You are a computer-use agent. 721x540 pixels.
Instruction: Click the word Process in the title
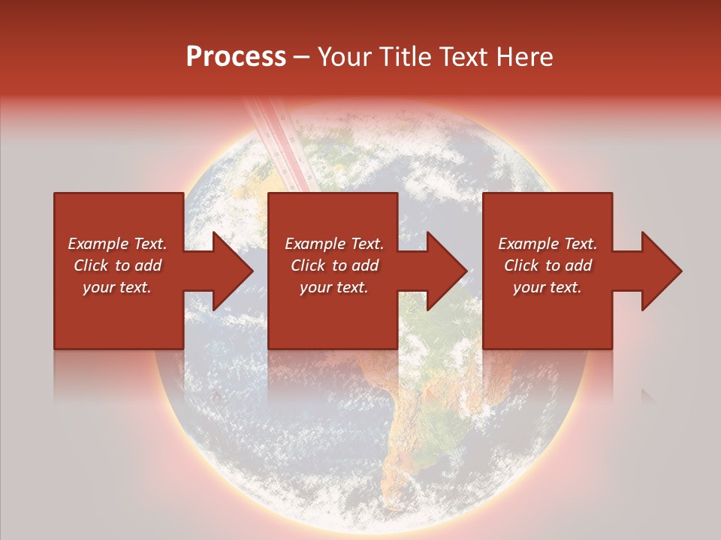[236, 57]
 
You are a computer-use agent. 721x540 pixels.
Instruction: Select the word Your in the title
[345, 57]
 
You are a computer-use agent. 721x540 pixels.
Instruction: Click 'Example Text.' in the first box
[117, 244]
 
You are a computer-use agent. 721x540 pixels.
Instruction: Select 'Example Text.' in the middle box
[334, 244]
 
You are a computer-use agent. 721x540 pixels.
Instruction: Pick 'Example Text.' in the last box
[548, 244]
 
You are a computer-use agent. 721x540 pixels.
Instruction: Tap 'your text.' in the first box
[117, 287]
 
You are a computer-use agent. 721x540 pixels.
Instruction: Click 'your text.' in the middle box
[334, 287]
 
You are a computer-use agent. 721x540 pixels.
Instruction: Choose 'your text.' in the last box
[548, 287]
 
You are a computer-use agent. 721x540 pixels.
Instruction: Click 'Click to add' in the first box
[117, 265]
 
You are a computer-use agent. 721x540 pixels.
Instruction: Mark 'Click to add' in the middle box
[334, 265]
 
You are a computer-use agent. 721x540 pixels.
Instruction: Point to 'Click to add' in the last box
[548, 265]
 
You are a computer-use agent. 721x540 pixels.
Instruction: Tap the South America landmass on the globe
[413, 420]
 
